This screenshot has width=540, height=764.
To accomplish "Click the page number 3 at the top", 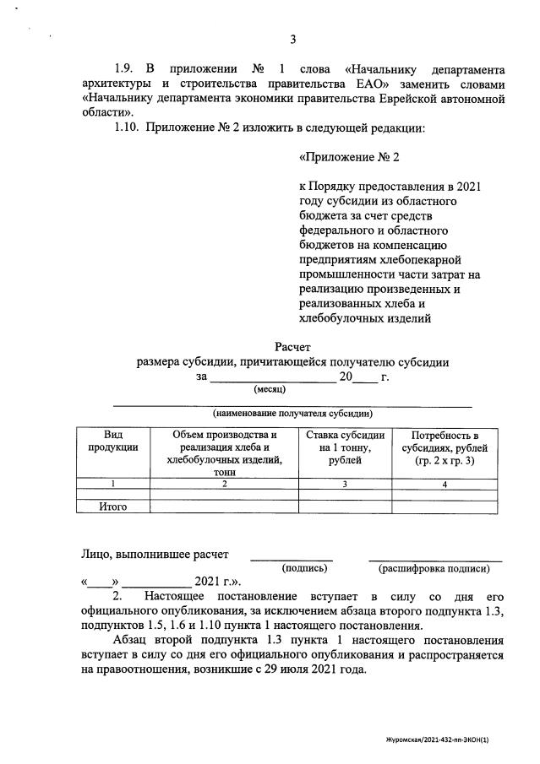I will click(292, 39).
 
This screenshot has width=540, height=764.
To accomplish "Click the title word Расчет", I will click(292, 346).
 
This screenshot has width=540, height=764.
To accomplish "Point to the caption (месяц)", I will click(270, 389).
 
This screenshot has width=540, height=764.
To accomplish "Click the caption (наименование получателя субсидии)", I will click(292, 414).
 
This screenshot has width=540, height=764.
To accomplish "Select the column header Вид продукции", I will click(112, 441).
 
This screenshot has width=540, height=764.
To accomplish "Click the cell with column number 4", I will click(445, 484).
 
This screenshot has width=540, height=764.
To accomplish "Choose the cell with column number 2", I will click(224, 484).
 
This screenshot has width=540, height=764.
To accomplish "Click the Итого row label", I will click(112, 507).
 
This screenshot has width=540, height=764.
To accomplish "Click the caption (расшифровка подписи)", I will click(434, 568).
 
